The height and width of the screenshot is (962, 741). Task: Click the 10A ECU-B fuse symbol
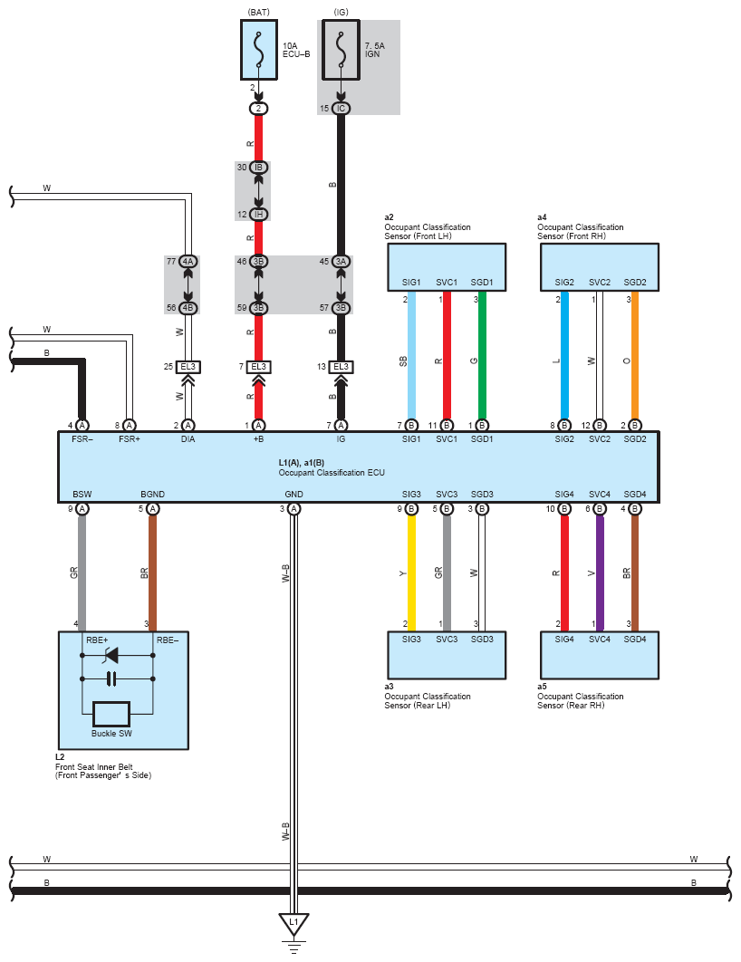tap(259, 49)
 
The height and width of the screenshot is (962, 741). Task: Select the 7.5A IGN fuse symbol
tap(341, 49)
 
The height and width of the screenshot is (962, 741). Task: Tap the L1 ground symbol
tap(293, 925)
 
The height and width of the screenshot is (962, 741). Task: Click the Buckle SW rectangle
tap(111, 713)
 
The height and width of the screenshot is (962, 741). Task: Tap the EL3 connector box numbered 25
tap(188, 367)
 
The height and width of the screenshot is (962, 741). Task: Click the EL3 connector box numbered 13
tap(341, 367)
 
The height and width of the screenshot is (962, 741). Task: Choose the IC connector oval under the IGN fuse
tap(341, 109)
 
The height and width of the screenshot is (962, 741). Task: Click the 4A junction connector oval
tap(188, 261)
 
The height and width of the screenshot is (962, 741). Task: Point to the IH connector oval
tap(259, 214)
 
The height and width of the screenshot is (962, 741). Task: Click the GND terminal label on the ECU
tap(294, 495)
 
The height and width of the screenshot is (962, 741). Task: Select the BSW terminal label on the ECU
tap(82, 495)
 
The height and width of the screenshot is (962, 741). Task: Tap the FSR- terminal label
tap(82, 438)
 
